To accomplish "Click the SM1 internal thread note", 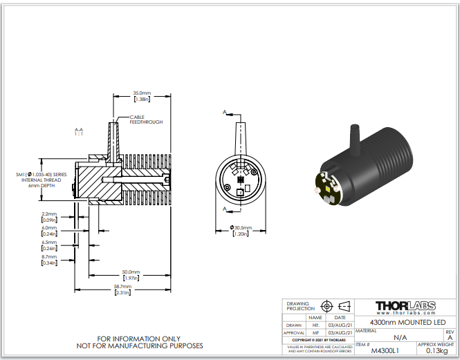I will [41, 180].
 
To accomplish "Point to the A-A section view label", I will [79, 131].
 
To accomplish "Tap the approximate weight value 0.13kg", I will [435, 350].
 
